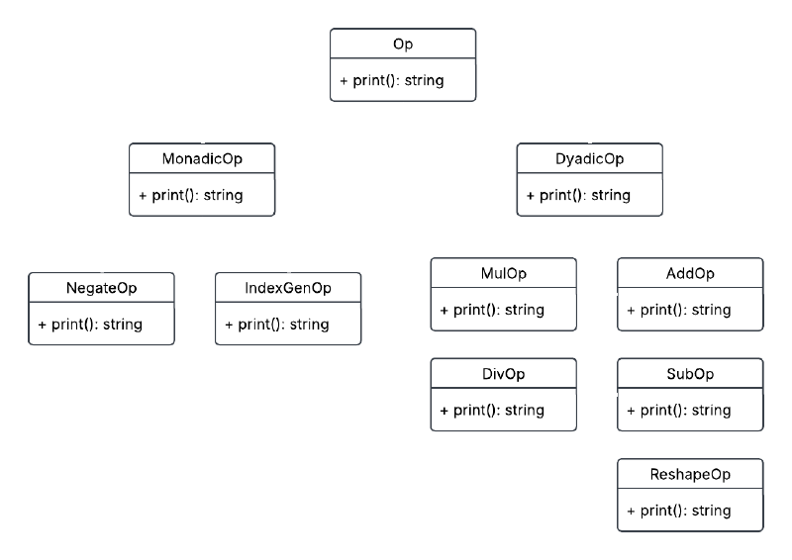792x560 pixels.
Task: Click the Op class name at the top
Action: (403, 46)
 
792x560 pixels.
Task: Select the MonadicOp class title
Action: (203, 159)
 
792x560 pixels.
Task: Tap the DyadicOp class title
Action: (590, 159)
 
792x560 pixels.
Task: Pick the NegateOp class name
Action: (101, 288)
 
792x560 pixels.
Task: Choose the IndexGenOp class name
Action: (288, 288)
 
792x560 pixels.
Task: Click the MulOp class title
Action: (503, 274)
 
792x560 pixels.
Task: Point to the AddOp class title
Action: (690, 274)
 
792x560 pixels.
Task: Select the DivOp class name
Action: (503, 375)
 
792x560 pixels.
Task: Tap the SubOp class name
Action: (690, 375)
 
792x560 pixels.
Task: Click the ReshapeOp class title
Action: (690, 476)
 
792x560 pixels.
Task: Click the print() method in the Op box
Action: (391, 80)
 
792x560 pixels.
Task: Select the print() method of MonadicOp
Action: (191, 195)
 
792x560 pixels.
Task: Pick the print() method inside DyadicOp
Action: (578, 195)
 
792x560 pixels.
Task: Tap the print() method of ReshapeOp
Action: (679, 511)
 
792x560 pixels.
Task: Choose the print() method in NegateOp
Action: (90, 324)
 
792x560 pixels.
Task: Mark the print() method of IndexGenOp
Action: (277, 324)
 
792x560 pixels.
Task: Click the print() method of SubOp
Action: (679, 410)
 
